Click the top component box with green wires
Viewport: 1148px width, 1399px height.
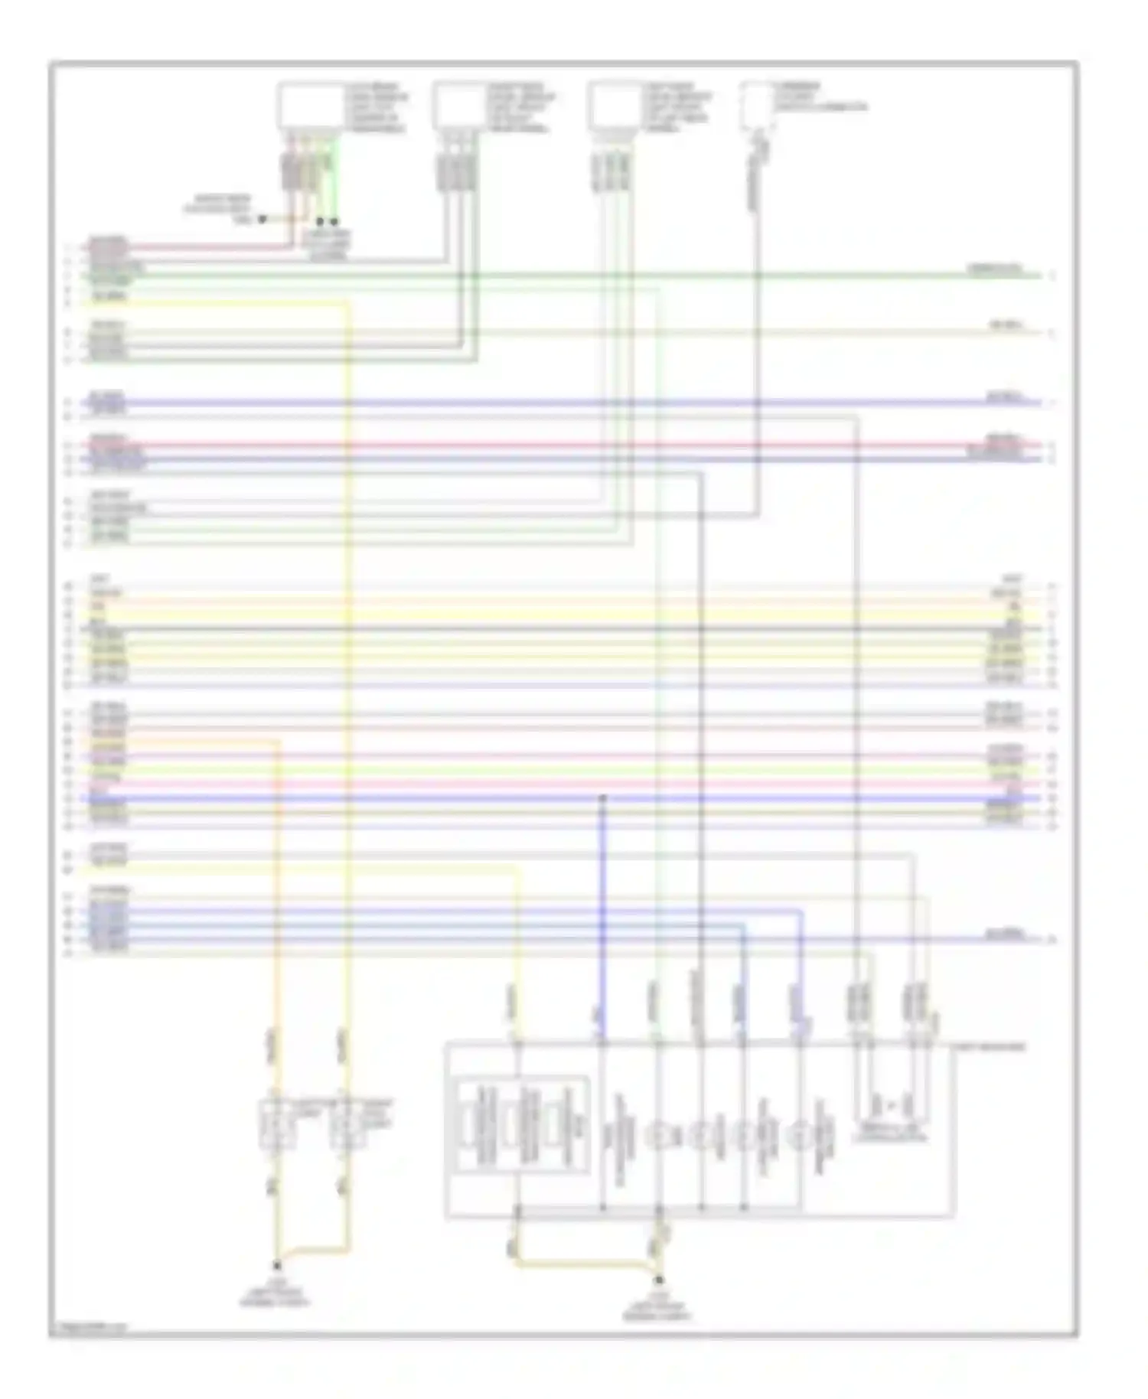[310, 106]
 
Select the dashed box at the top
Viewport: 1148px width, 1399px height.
[756, 106]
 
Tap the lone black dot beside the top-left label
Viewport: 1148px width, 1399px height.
[261, 219]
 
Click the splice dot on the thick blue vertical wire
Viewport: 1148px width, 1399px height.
[602, 798]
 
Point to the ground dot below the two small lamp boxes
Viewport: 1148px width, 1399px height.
[277, 1265]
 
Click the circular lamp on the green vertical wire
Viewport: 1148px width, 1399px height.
[658, 1135]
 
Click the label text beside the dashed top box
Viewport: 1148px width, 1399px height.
[819, 97]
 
